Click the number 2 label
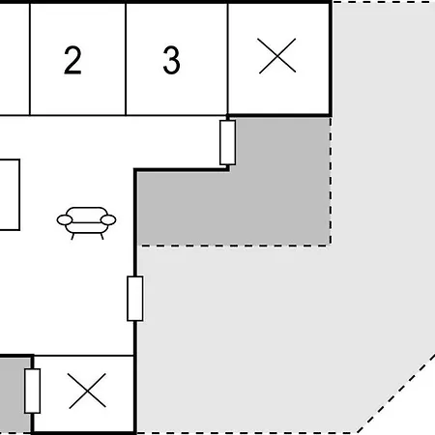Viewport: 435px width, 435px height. click(72, 60)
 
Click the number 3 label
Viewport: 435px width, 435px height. click(171, 60)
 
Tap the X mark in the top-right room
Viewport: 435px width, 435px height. click(277, 56)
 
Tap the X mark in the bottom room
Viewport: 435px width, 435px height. click(87, 391)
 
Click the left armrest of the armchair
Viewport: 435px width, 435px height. click(65, 220)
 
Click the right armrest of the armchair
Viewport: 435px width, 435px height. click(108, 220)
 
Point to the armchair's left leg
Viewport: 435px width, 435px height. click(72, 237)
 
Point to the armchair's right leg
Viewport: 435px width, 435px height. click(102, 237)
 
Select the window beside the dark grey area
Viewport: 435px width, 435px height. click(228, 142)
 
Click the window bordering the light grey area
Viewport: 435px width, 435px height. click(135, 299)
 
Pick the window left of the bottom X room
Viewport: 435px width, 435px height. click(32, 391)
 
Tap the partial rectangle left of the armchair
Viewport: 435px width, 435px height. click(10, 194)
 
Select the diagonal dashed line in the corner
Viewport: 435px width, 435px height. click(396, 393)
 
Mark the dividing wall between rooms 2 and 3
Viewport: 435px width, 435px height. click(126, 59)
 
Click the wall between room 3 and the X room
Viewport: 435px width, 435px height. click(228, 59)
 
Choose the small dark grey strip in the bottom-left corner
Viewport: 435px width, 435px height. click(15, 395)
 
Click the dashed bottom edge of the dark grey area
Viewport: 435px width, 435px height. click(234, 246)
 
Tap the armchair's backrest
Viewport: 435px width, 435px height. click(87, 215)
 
